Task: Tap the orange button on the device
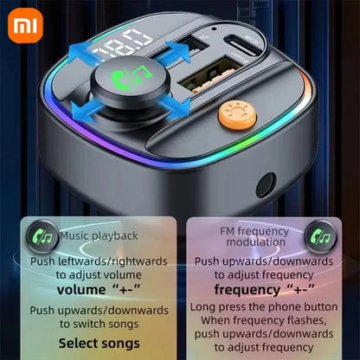pos(231,113)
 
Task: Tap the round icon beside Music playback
pos(42,234)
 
